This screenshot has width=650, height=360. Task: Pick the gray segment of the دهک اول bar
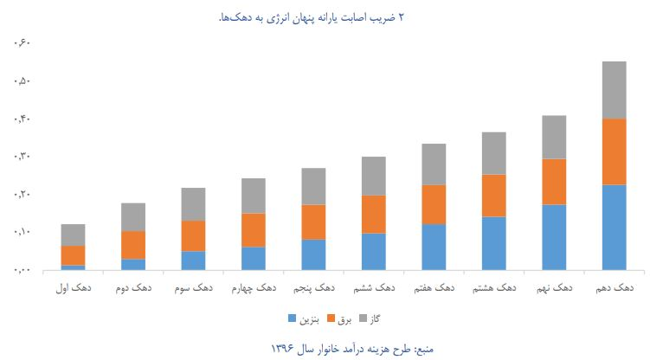74,235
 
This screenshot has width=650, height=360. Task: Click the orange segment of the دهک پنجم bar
313,222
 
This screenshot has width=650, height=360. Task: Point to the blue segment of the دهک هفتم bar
434,247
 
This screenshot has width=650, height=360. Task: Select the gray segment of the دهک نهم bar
554,137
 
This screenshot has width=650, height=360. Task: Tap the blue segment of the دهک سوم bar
194,260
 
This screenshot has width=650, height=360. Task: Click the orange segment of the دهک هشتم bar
494,196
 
